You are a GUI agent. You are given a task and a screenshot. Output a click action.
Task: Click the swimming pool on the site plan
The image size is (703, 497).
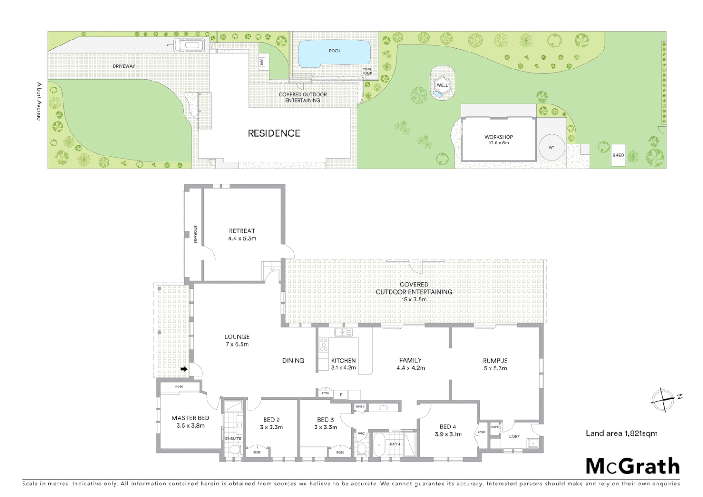coord(334,53)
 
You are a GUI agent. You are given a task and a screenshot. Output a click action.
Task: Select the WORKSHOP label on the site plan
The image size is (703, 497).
coord(498,137)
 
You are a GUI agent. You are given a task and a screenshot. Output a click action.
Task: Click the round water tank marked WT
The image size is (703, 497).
coord(552,147)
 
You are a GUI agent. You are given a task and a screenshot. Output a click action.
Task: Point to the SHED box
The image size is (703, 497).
coord(618,155)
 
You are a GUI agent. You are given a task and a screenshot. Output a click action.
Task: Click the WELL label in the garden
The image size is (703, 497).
coord(442,85)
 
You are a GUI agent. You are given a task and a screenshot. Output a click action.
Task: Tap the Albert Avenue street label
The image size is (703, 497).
coord(39,101)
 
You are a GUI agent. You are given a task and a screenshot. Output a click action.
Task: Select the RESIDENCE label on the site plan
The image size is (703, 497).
coord(274,133)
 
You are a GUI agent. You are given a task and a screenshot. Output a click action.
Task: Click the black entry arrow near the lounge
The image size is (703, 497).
coord(184,369)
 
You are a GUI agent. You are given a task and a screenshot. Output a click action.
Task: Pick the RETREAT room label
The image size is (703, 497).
coord(242,231)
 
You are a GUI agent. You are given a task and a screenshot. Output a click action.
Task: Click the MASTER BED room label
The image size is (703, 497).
coord(190,418)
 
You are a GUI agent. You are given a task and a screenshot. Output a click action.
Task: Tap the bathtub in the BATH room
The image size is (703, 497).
coord(379,444)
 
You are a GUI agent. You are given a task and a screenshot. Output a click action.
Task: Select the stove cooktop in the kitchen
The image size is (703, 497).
coord(323,345)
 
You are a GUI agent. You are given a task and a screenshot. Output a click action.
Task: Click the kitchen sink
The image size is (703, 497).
coord(343,332)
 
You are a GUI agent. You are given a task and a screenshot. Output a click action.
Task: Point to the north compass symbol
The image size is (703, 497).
coord(663,399)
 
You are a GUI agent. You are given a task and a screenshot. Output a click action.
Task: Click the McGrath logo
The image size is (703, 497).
coord(632,466)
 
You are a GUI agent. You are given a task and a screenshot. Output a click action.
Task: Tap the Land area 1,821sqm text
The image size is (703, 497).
coord(621,433)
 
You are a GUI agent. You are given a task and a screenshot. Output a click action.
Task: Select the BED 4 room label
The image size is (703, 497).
coord(448,427)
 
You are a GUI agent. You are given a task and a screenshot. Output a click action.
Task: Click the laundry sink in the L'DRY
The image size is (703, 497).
coord(533,443)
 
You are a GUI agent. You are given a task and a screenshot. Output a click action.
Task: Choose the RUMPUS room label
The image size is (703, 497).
coord(495,361)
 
